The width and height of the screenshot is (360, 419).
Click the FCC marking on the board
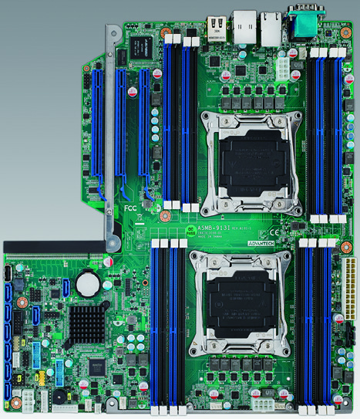133,208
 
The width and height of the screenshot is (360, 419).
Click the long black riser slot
54,246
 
